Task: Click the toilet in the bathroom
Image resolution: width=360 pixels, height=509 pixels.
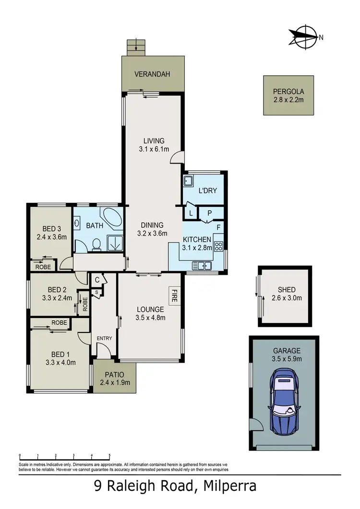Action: (96, 244)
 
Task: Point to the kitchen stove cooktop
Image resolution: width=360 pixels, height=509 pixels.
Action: (218, 247)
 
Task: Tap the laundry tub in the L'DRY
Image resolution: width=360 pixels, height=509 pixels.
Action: (188, 182)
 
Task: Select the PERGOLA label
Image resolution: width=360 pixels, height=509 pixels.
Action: (288, 92)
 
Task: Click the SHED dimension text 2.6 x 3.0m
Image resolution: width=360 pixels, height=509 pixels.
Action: (287, 298)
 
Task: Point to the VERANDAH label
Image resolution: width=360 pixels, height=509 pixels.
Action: (153, 74)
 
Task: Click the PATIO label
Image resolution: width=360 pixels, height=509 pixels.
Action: (114, 374)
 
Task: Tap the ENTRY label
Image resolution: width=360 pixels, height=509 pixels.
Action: (104, 338)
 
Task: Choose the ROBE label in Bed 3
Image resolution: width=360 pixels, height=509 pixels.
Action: (43, 267)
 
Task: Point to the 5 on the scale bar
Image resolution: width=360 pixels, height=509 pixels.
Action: (110, 455)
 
